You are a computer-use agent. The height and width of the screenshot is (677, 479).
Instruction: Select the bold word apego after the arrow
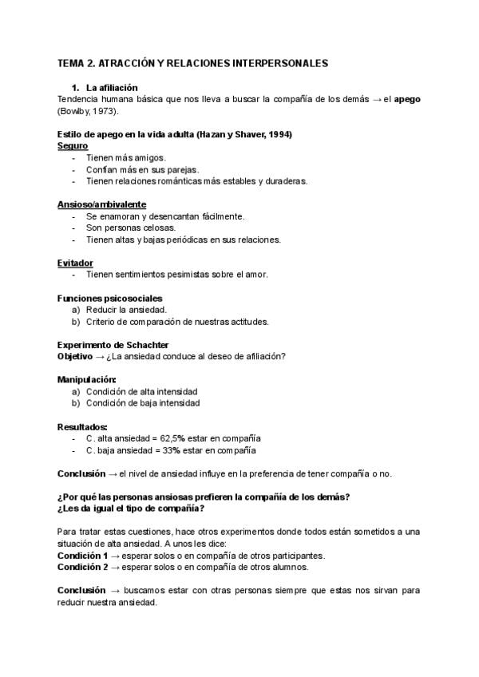[x=407, y=99]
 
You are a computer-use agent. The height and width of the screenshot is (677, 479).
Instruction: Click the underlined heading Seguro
[x=73, y=146]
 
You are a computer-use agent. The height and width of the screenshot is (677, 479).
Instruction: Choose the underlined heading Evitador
[x=75, y=263]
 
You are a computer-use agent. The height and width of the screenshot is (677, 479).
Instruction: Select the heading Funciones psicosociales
[x=109, y=298]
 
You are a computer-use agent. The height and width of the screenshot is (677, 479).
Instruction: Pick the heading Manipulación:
[x=87, y=379]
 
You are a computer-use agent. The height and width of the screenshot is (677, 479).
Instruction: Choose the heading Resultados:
[x=82, y=426]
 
